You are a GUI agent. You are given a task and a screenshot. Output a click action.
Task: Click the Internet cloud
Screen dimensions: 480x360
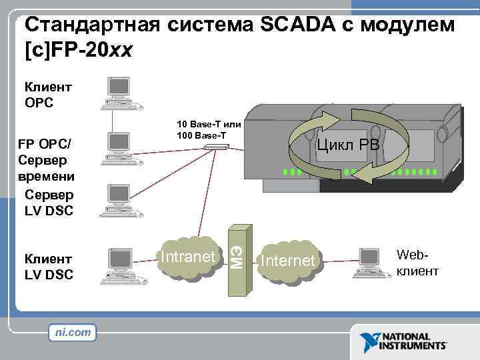click(x=288, y=261)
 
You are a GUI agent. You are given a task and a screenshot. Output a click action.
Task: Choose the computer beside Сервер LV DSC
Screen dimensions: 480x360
click(x=115, y=201)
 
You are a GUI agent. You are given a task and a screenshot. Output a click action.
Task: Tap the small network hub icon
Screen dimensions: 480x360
click(x=216, y=147)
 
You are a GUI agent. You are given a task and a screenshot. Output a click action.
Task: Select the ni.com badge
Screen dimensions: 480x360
click(x=73, y=331)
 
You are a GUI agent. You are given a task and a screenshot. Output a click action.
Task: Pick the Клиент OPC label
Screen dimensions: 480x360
click(x=48, y=94)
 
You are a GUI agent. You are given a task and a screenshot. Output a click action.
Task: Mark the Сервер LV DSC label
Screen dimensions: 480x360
click(x=49, y=203)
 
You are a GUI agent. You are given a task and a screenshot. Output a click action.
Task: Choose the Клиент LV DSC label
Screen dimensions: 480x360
click(x=49, y=266)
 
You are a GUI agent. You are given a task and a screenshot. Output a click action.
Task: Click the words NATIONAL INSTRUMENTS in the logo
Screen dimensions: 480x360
click(x=413, y=341)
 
